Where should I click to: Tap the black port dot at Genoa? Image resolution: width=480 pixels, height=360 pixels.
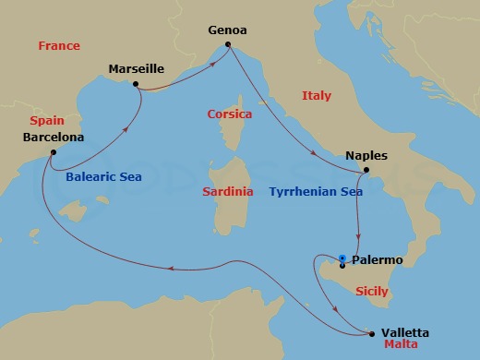click(x=228, y=43)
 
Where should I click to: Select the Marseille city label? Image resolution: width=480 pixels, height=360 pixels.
click(x=136, y=68)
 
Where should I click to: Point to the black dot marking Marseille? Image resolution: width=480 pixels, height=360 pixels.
click(x=136, y=84)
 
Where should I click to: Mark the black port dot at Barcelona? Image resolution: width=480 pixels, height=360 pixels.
click(x=53, y=152)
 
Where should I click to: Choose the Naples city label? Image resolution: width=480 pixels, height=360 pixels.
click(x=366, y=156)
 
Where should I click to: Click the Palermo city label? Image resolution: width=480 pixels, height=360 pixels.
click(x=378, y=261)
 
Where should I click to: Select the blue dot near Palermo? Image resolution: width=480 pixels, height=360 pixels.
click(x=342, y=258)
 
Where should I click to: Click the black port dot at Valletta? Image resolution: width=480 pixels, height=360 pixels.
click(x=371, y=333)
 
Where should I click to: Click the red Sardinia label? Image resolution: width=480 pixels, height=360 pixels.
click(x=227, y=192)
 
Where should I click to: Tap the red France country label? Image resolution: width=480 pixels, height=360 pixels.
click(x=58, y=46)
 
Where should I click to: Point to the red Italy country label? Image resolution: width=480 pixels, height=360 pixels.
click(x=316, y=96)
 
